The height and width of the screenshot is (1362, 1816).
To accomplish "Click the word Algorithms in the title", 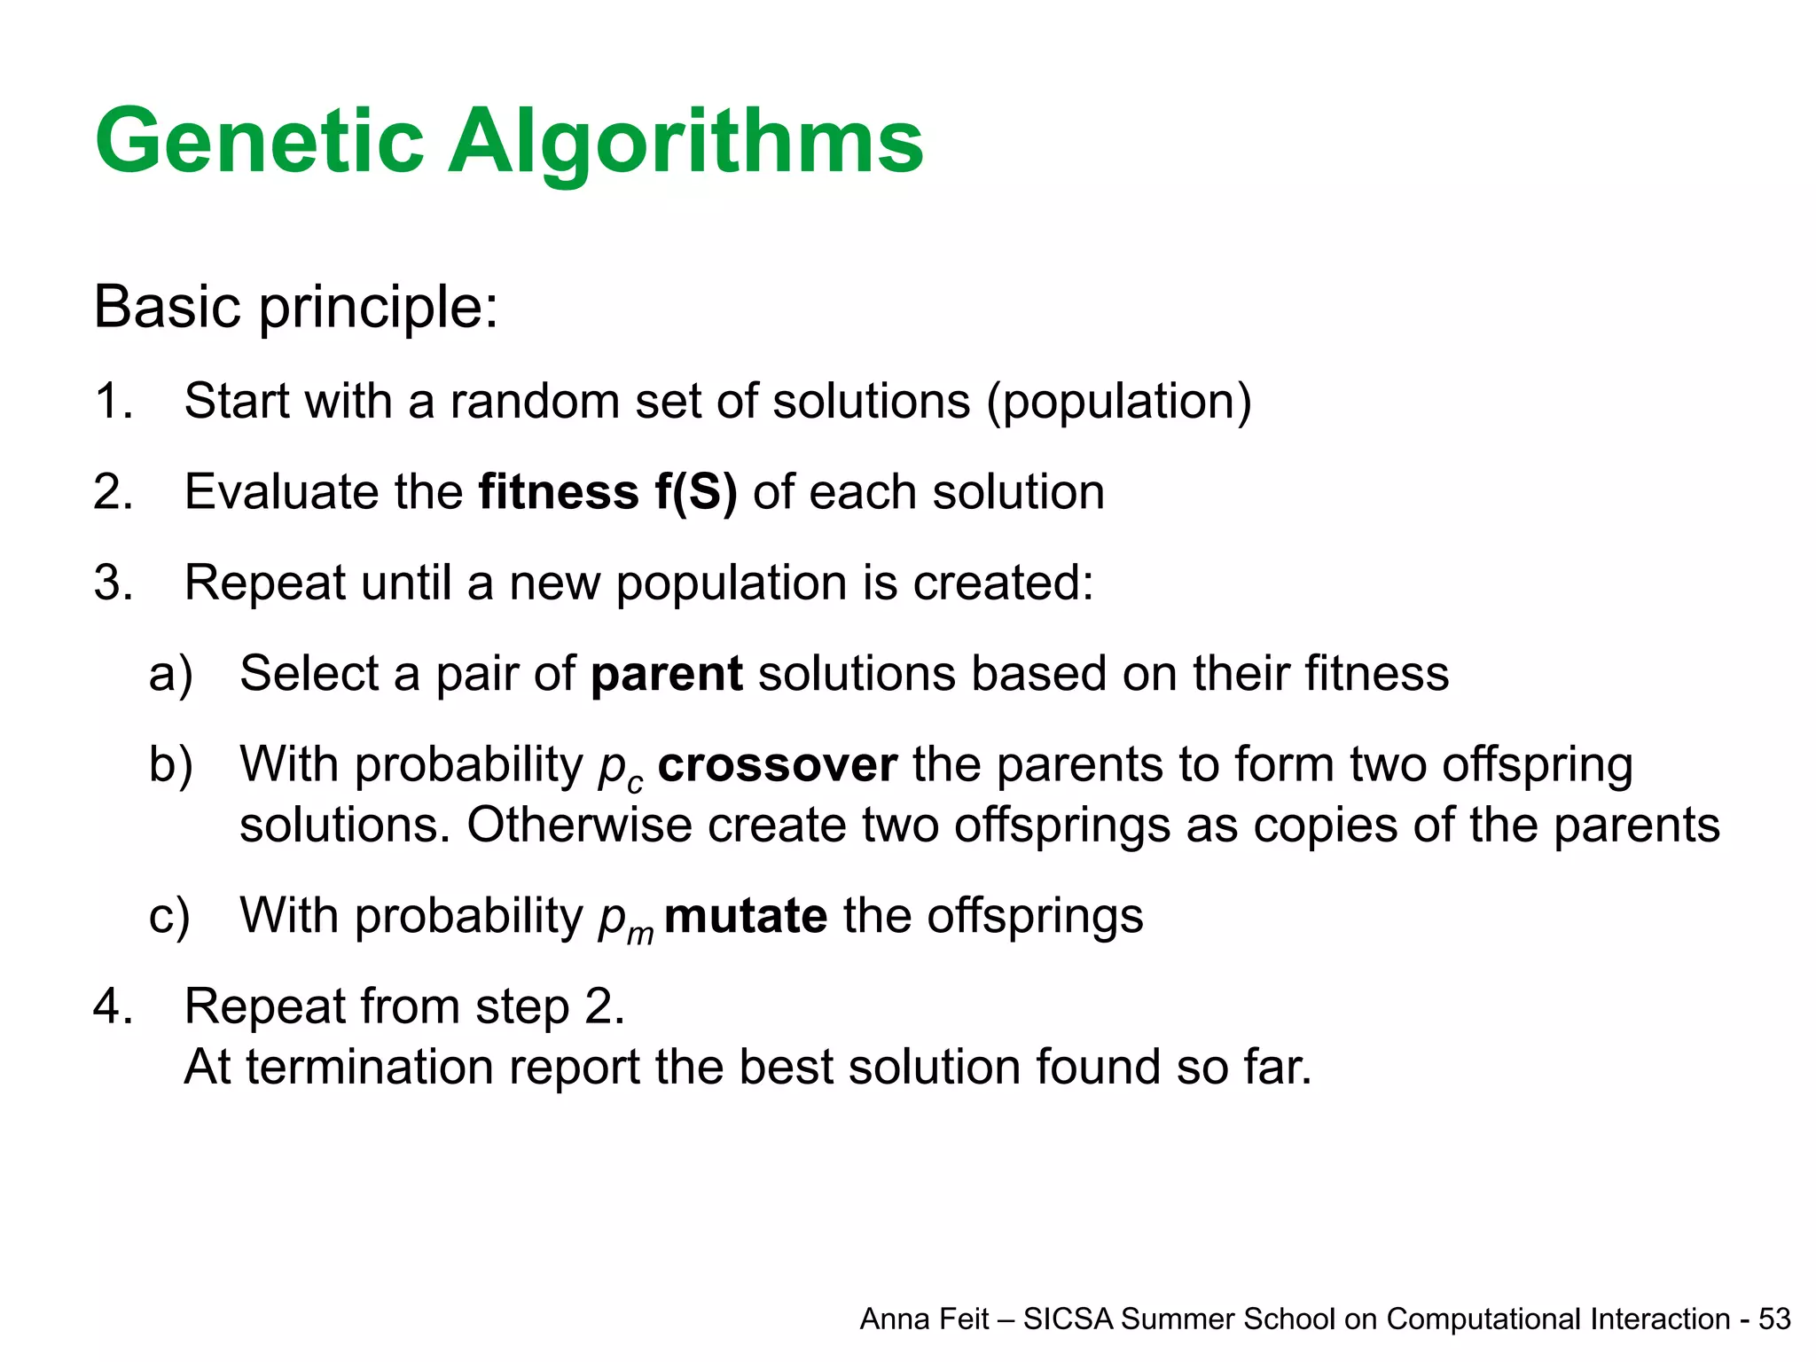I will [685, 142].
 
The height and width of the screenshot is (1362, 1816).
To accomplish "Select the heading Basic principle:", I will [295, 308].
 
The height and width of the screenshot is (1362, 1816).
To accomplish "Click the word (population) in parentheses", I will [1119, 401].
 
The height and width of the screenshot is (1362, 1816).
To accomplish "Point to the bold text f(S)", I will [696, 492].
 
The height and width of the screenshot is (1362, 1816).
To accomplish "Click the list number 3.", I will [113, 583].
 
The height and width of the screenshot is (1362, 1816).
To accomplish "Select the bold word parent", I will [666, 674].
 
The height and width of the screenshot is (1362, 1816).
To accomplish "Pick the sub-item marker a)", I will [170, 674].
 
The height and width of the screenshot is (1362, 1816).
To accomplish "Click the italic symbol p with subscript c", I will [618, 768].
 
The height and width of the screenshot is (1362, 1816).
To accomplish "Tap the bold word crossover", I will [777, 764].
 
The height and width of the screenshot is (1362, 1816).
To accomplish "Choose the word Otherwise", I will [579, 826].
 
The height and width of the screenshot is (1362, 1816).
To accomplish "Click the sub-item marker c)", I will [168, 916].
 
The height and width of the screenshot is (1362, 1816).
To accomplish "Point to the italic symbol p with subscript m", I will [623, 920].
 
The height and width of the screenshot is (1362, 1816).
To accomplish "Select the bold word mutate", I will [746, 916].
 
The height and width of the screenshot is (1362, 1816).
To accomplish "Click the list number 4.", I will [113, 1006].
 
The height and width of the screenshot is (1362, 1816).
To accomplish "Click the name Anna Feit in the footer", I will [923, 1319].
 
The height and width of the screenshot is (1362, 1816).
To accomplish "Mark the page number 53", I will [1774, 1319].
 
